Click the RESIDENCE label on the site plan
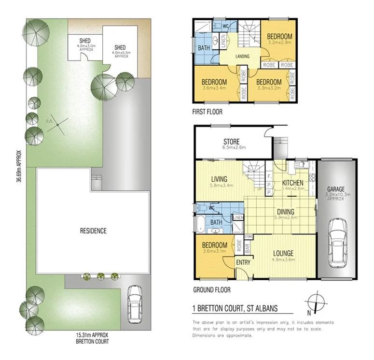pos(93,231)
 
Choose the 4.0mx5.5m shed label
pos(120,51)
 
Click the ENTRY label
pos(241,262)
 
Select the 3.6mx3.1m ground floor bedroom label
pos(215,248)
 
